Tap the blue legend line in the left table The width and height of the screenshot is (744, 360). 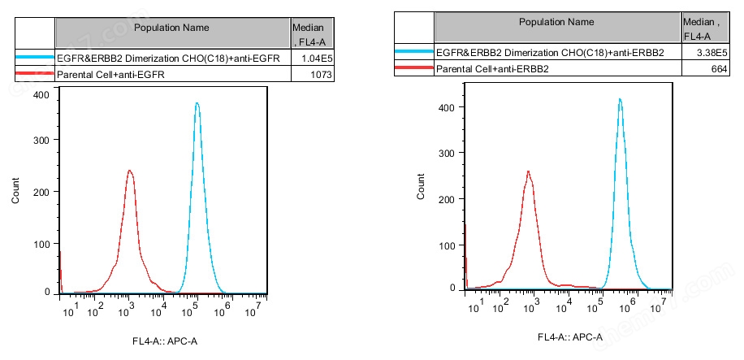34,59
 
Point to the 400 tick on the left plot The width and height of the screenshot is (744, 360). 41,95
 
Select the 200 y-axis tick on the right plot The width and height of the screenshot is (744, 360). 444,197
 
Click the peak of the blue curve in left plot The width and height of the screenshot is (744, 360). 196,103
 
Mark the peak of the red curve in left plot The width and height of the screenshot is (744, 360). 129,171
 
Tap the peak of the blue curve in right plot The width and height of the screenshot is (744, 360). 620,99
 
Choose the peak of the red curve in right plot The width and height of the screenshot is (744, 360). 528,171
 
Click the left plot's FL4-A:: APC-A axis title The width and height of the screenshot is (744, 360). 165,340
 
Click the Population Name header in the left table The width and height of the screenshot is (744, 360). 171,28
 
